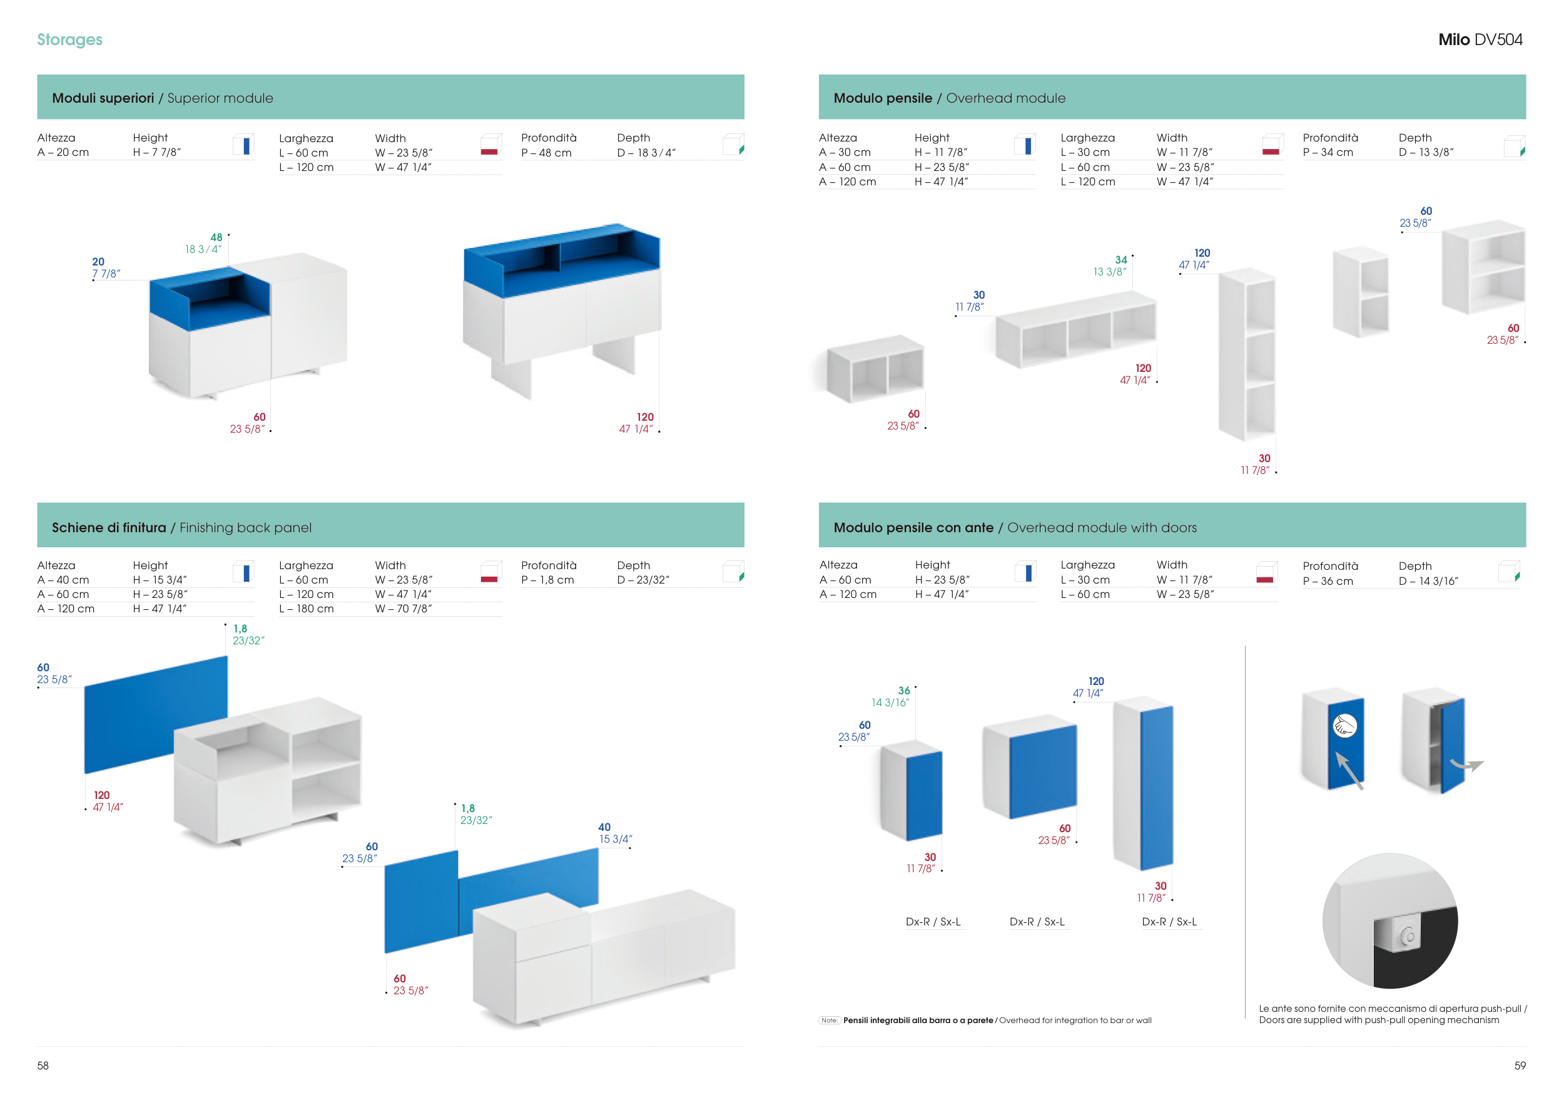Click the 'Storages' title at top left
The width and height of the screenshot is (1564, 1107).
coord(69,39)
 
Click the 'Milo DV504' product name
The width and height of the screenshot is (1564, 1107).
coord(1480,39)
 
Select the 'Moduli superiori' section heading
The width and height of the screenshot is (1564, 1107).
coord(103,98)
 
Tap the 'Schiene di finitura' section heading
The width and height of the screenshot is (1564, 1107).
coord(109,528)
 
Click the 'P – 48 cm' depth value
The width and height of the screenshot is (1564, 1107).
coord(546,153)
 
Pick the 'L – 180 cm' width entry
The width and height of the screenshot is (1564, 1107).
coord(307,609)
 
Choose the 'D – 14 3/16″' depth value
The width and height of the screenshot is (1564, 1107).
coord(1428,581)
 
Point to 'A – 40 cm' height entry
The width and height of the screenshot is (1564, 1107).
coord(63,580)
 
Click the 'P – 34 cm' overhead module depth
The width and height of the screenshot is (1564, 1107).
coord(1328,153)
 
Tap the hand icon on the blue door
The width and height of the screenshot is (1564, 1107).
coord(1344,726)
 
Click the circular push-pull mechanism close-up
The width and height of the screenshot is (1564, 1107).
coord(1389,921)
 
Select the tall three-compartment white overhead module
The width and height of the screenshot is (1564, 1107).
coord(1247,354)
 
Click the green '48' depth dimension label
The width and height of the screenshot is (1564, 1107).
coord(216,238)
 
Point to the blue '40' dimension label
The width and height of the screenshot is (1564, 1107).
coord(604,828)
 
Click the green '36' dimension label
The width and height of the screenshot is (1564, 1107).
coord(904,691)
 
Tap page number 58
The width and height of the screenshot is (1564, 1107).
coord(43,1066)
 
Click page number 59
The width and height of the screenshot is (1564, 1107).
coord(1520,1066)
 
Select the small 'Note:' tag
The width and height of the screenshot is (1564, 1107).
coord(829,1021)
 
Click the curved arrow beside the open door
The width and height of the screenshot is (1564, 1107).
coord(1466,766)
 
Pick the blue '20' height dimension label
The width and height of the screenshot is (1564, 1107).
coord(98,262)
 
